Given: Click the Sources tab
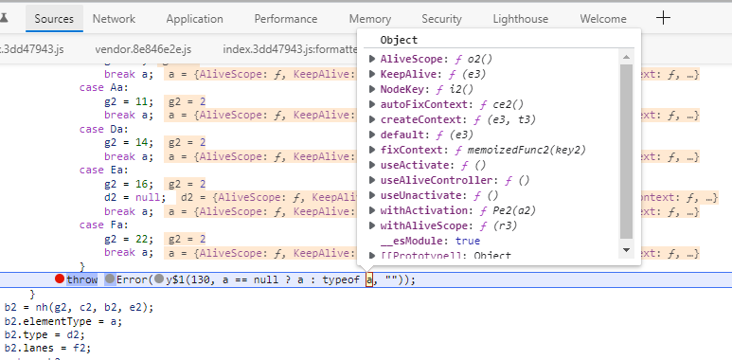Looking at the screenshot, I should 54,18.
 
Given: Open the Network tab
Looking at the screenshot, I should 114,18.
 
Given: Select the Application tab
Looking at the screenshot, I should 194,18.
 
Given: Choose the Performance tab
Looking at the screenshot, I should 285,18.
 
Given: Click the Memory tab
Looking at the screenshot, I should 369,18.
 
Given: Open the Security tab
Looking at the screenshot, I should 441,18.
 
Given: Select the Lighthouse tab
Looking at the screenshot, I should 520,18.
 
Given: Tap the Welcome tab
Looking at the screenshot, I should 602,18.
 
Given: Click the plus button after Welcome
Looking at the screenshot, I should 664,17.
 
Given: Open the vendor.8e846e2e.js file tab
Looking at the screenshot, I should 142,47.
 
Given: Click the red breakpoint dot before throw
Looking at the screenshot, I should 60,279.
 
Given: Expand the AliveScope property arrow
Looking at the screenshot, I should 373,59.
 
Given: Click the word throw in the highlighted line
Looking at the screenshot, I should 81,279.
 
